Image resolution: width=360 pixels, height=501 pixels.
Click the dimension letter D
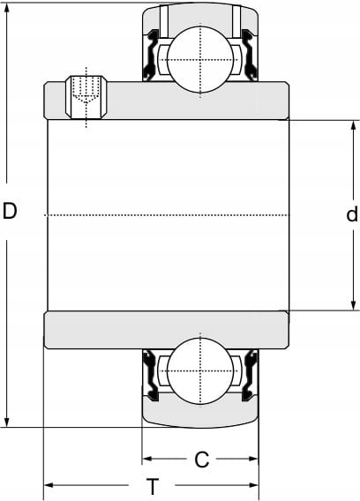(10, 211)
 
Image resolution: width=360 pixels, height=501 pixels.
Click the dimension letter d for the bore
(352, 213)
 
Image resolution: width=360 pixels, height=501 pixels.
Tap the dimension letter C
(202, 460)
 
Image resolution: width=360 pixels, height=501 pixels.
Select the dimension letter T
(153, 486)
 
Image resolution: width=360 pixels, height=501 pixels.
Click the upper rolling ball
(200, 60)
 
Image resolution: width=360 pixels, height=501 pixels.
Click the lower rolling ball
(200, 371)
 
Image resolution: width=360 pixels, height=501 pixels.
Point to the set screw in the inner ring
(86, 97)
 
